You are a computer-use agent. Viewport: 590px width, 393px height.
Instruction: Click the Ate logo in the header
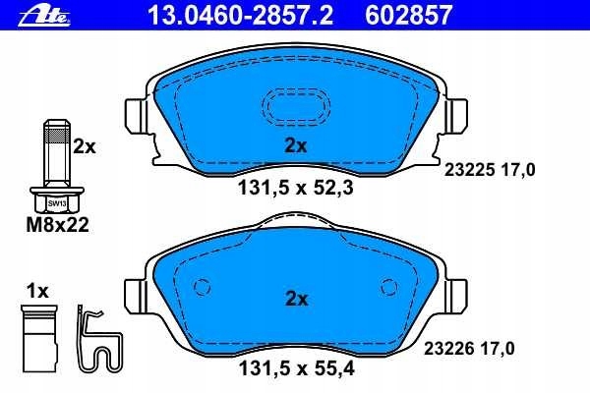click(45, 16)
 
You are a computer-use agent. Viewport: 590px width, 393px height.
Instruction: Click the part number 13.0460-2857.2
click(241, 16)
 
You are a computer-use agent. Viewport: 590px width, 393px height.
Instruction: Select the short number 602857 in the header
click(409, 16)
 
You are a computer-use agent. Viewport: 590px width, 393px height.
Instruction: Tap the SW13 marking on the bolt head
click(57, 203)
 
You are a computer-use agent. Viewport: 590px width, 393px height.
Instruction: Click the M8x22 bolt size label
click(58, 225)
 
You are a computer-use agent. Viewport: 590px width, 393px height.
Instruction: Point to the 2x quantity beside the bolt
click(85, 146)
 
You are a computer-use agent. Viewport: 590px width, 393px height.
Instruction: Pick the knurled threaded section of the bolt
click(57, 135)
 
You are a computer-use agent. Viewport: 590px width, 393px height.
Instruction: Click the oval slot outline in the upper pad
click(296, 107)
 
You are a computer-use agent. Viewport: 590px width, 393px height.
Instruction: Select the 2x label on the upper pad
click(296, 145)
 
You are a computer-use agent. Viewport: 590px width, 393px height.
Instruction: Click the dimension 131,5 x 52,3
click(296, 188)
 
